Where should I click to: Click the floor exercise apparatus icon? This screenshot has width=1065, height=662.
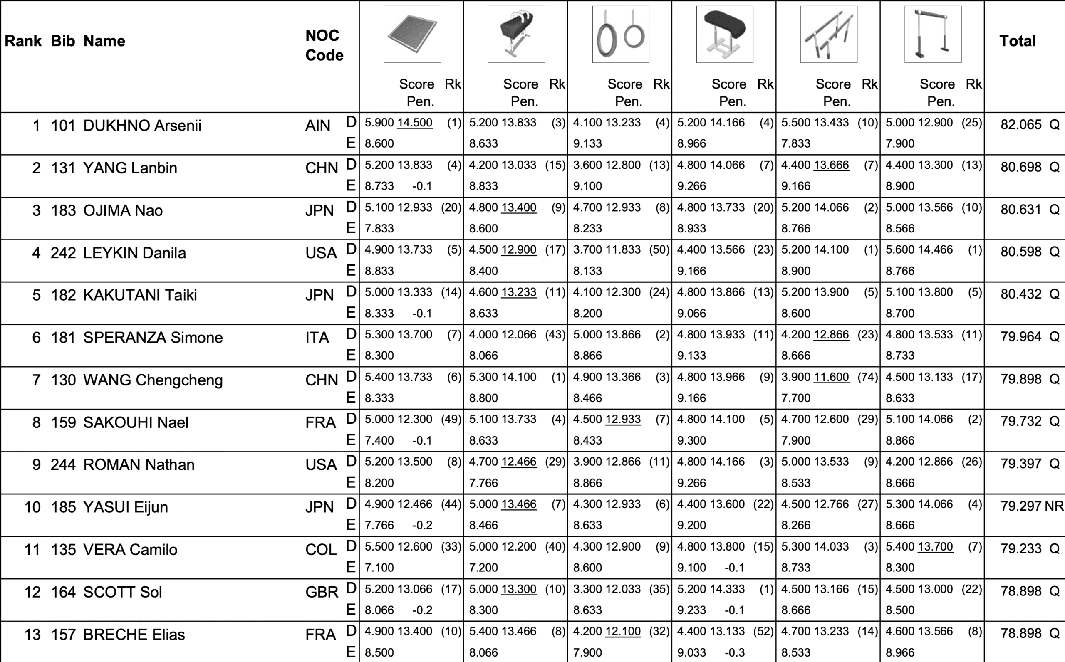[412, 35]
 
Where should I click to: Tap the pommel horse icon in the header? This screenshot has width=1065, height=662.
[516, 35]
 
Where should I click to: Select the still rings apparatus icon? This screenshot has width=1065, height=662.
[621, 35]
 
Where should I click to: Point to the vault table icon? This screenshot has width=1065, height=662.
[725, 35]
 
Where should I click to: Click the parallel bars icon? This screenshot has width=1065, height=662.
[829, 35]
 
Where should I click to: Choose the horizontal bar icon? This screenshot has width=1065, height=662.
[933, 35]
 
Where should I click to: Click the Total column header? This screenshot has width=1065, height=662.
[1017, 41]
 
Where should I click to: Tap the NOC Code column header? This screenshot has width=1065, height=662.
[324, 45]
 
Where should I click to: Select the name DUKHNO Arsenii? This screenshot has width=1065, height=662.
[142, 126]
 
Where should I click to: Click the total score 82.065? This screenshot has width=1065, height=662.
[1021, 125]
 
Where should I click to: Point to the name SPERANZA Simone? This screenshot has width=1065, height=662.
[153, 338]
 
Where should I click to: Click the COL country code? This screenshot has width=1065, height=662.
[321, 549]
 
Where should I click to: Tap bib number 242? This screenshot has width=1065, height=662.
[63, 253]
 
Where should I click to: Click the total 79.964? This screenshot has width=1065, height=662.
[1021, 337]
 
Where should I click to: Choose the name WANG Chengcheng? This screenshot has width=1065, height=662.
[153, 380]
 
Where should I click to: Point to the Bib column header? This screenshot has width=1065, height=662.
[63, 41]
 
